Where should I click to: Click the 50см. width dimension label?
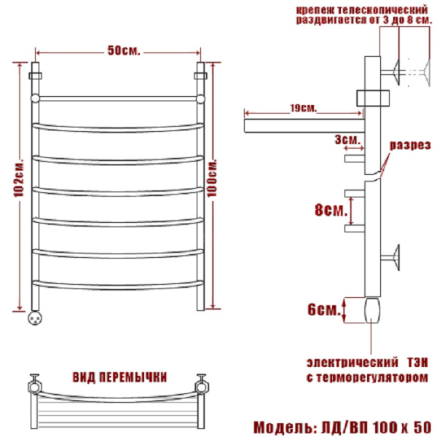124,50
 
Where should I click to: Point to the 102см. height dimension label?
19,178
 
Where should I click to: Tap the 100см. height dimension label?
213,178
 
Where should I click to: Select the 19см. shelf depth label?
303,108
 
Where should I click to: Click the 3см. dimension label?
347,139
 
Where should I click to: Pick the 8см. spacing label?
331,210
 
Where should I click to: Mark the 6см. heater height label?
324,310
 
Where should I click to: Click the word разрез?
410,145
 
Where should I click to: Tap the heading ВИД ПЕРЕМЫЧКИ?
120,377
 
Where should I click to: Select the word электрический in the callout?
353,363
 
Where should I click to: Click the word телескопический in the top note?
382,10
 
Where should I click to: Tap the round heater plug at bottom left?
36,318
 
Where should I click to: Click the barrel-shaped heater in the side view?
372,310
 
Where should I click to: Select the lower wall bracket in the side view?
390,257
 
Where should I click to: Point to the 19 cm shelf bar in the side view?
304,126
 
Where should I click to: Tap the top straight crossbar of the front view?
117,98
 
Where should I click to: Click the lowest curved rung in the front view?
118,285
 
